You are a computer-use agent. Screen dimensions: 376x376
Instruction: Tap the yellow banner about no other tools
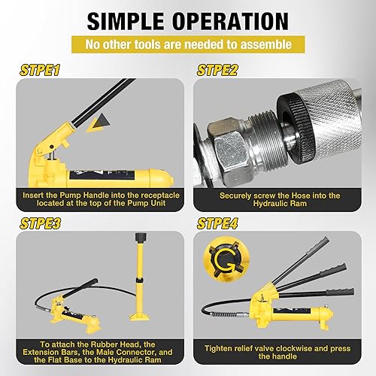click(188, 45)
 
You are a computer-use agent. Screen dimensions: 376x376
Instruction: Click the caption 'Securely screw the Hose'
click(280, 199)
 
